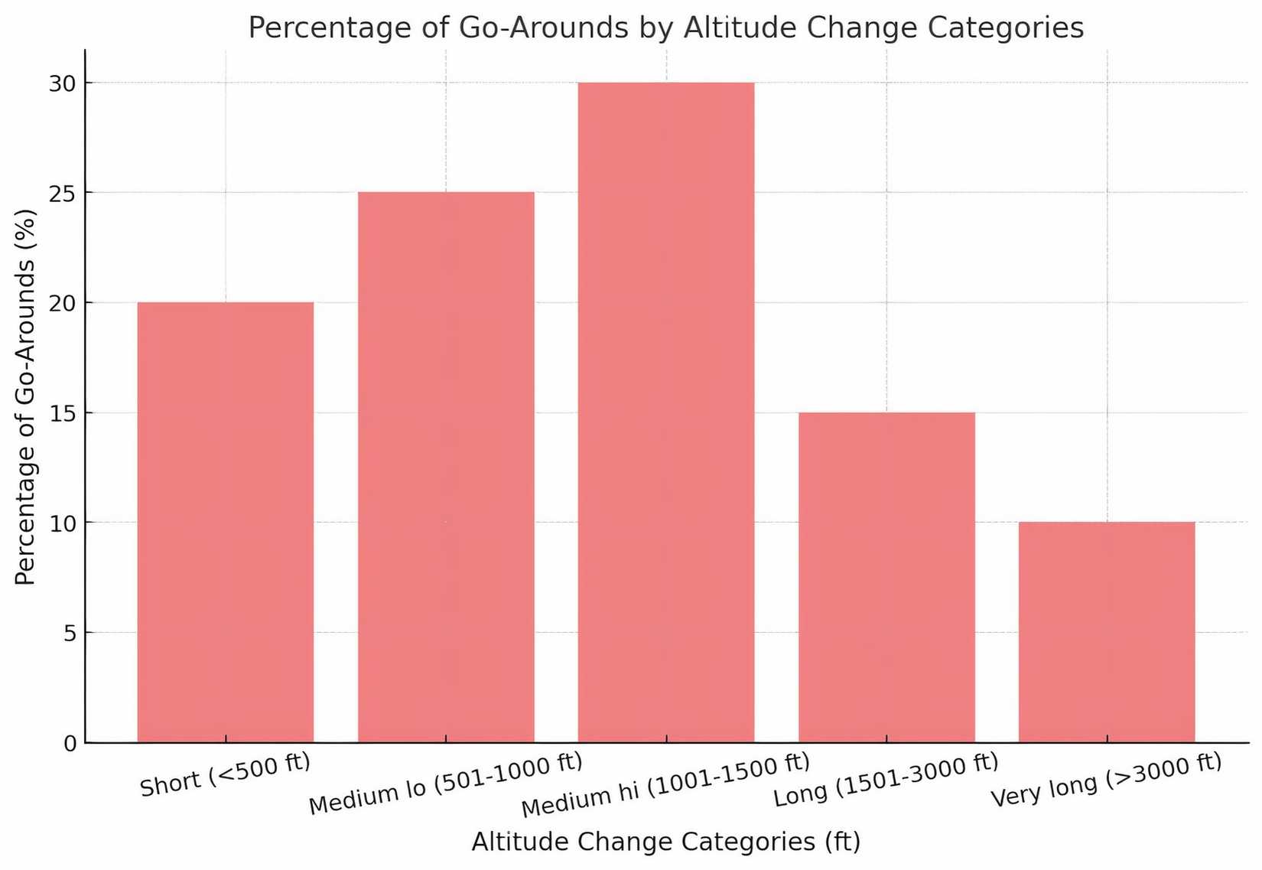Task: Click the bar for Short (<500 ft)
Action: tap(226, 522)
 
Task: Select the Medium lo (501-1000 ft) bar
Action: tap(446, 467)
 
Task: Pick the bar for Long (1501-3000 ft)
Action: tap(886, 577)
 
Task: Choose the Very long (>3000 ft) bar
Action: tap(1107, 632)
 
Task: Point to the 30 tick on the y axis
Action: tap(63, 83)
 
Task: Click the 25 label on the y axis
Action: tap(63, 194)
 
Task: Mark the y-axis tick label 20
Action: tap(63, 304)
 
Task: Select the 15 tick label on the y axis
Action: tap(63, 414)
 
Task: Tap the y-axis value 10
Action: tap(63, 523)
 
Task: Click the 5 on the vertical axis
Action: tap(70, 634)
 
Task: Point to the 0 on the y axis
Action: tap(70, 744)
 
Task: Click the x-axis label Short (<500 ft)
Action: tap(226, 774)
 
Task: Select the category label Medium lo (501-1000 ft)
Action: tap(446, 784)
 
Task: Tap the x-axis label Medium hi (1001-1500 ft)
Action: tap(665, 785)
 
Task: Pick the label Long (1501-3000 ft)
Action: tap(886, 779)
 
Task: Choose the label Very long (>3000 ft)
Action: tap(1106, 780)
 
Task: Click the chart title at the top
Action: tap(666, 28)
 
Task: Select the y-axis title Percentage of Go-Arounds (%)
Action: tap(26, 396)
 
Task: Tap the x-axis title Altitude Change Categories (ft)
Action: tap(666, 842)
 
